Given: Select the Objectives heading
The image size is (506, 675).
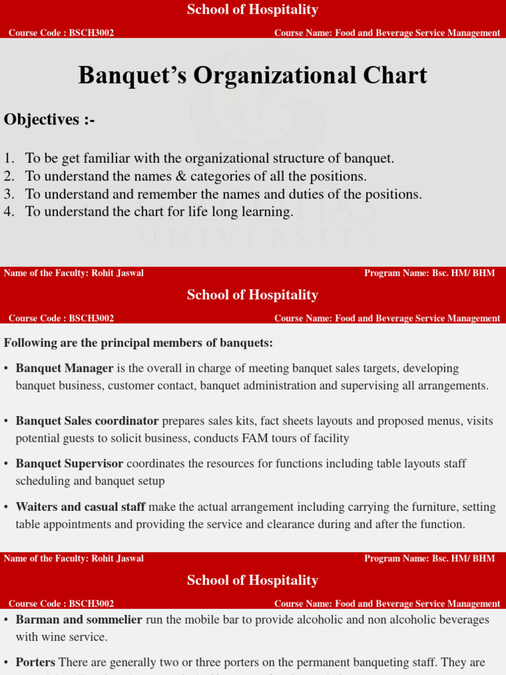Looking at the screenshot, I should tap(49, 119).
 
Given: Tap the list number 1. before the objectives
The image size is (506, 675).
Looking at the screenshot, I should tap(9, 158).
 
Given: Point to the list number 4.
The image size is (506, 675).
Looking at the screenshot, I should tap(9, 212).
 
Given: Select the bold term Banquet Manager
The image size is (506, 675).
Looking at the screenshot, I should tap(65, 368).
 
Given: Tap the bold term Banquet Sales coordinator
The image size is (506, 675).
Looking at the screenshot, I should tap(87, 421).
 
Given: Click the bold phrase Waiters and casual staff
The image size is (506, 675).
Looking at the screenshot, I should tap(80, 507).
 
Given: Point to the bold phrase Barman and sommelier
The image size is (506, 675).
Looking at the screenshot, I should tap(79, 620).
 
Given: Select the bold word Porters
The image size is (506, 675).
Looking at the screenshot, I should tap(36, 662).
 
